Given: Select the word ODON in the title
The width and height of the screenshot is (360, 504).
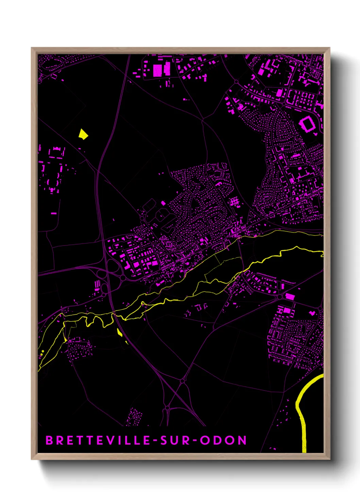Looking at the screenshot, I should (x=223, y=440).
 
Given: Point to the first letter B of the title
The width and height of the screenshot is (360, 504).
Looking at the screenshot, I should (x=49, y=440).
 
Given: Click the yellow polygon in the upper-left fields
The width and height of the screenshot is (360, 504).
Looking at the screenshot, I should (x=83, y=134).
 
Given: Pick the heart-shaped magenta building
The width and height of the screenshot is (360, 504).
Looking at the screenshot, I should (x=312, y=313).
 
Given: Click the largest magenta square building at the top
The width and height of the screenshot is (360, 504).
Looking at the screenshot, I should (x=157, y=70).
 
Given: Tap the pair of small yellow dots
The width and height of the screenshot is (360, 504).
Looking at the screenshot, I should (x=42, y=353).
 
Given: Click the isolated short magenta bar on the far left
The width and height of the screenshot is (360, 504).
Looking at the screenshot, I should (x=54, y=213).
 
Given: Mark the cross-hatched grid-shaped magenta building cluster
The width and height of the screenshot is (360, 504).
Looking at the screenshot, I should (x=235, y=202).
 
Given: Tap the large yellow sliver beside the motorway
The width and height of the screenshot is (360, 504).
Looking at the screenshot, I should (x=120, y=332).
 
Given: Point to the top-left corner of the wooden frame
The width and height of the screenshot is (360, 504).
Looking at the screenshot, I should (x=32, y=48).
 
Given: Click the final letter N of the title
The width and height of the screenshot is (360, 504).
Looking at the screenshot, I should (x=242, y=440).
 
